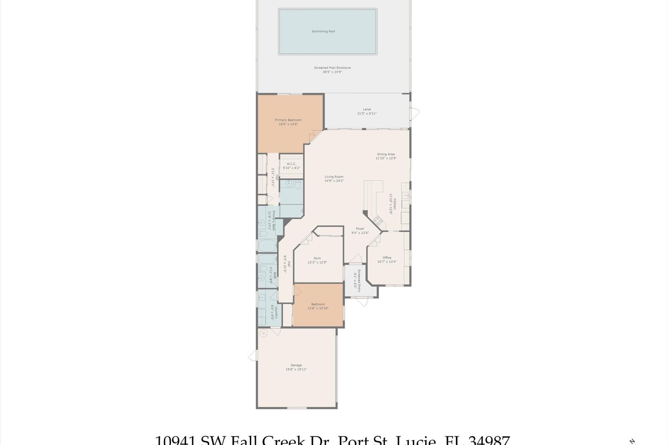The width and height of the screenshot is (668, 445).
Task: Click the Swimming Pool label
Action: pos(323,32)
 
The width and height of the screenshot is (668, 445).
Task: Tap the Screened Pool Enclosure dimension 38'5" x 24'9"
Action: pos(332,72)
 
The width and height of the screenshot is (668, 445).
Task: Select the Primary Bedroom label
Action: pos(288,120)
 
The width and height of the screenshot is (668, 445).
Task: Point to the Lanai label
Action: pos(367,109)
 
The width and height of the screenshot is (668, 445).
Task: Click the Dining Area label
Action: pos(386,154)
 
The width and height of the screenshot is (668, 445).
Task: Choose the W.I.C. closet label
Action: pos(291,164)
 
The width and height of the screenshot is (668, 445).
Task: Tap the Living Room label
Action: pos(334,177)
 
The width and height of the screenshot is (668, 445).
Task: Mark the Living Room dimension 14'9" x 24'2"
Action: pos(334,181)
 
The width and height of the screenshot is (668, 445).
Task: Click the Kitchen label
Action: pos(395,204)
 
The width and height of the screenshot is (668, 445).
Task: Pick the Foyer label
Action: pos(360,229)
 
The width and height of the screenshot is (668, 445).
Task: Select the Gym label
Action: pos(317,258)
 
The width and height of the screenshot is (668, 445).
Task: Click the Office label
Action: pos(387,258)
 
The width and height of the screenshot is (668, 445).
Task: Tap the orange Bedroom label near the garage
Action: pos(318,304)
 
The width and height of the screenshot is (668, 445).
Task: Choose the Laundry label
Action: pos(276,312)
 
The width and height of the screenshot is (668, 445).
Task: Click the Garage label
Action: pos(296,365)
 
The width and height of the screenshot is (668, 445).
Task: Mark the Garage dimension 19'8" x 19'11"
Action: pos(296,369)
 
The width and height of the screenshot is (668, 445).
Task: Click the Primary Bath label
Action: pos(274,221)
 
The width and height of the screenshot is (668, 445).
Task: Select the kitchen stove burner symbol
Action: pos(377,221)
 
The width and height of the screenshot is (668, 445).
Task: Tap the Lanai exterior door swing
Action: pos(415,113)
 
